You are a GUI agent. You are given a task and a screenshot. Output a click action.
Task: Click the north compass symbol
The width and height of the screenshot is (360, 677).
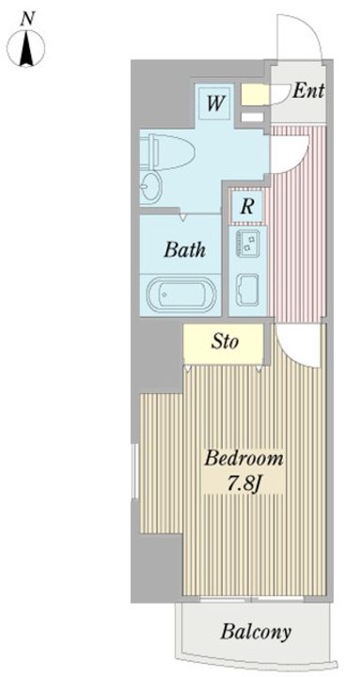click(x=26, y=47)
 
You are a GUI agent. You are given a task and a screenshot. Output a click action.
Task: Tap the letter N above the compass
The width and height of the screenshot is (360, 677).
click(x=27, y=19)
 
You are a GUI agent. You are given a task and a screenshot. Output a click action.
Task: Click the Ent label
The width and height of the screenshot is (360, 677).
click(x=308, y=91)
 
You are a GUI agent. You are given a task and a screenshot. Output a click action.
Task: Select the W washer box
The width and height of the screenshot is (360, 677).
click(x=215, y=103)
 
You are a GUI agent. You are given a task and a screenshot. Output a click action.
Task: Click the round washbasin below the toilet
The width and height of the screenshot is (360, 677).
click(x=151, y=186)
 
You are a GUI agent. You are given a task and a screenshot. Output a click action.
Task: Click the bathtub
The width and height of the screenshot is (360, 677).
click(x=180, y=295)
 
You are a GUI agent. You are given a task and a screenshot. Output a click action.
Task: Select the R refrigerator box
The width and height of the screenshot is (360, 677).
click(x=246, y=207)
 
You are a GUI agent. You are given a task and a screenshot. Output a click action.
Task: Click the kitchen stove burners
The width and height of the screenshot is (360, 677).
click(x=248, y=242)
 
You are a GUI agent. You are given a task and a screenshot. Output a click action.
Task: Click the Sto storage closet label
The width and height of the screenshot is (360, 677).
click(x=225, y=342)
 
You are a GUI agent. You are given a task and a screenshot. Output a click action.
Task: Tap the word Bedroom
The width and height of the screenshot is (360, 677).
click(x=243, y=459)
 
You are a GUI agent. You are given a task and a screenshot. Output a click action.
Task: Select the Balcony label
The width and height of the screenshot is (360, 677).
click(x=256, y=633)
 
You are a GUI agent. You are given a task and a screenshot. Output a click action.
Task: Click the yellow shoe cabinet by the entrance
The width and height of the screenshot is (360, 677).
click(x=255, y=94)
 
